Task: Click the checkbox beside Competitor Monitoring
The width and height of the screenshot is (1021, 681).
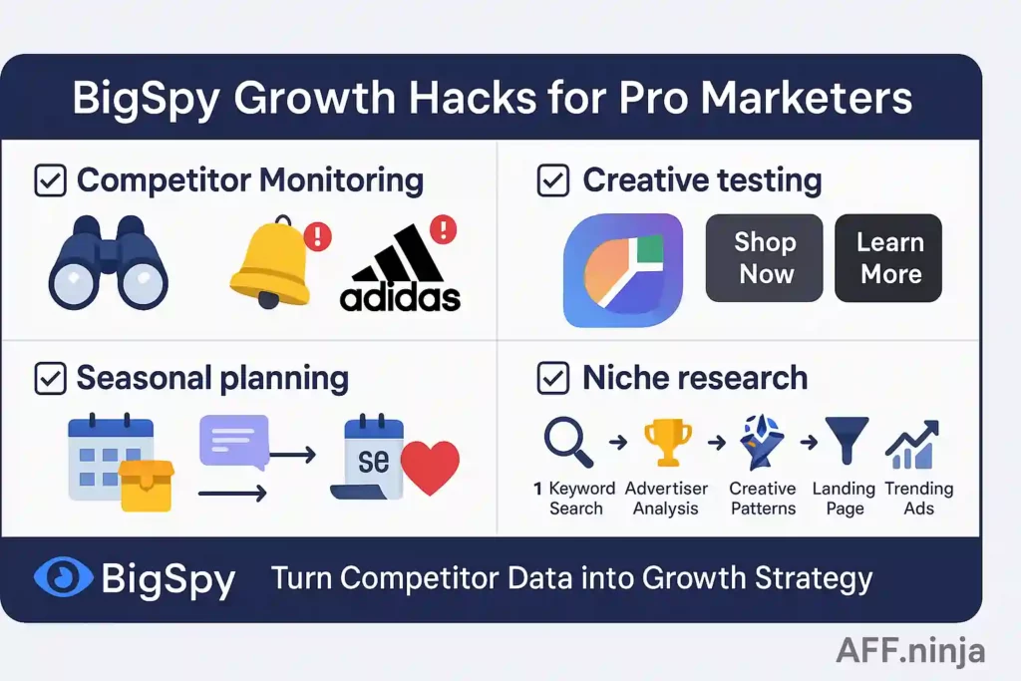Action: tap(50, 180)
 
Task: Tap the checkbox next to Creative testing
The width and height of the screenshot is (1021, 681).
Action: tap(552, 180)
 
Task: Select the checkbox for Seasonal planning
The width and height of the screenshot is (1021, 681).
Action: tap(50, 378)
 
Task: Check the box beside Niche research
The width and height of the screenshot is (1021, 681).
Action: tap(552, 378)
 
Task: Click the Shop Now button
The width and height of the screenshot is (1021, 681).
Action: tap(765, 258)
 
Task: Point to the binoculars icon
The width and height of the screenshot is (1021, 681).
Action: tap(108, 262)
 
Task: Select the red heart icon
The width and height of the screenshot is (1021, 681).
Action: tap(430, 467)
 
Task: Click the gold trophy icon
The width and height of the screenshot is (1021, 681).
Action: tap(667, 443)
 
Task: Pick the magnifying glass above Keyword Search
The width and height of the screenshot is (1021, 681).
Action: tap(568, 442)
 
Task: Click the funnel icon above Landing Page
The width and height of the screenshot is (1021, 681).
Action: tap(847, 441)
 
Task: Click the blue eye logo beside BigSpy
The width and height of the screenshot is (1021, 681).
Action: tap(63, 577)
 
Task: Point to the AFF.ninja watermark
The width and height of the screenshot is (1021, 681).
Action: tap(910, 650)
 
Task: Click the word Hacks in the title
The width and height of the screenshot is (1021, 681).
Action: tap(472, 98)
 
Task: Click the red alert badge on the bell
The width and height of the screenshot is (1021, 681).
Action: tap(318, 235)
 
